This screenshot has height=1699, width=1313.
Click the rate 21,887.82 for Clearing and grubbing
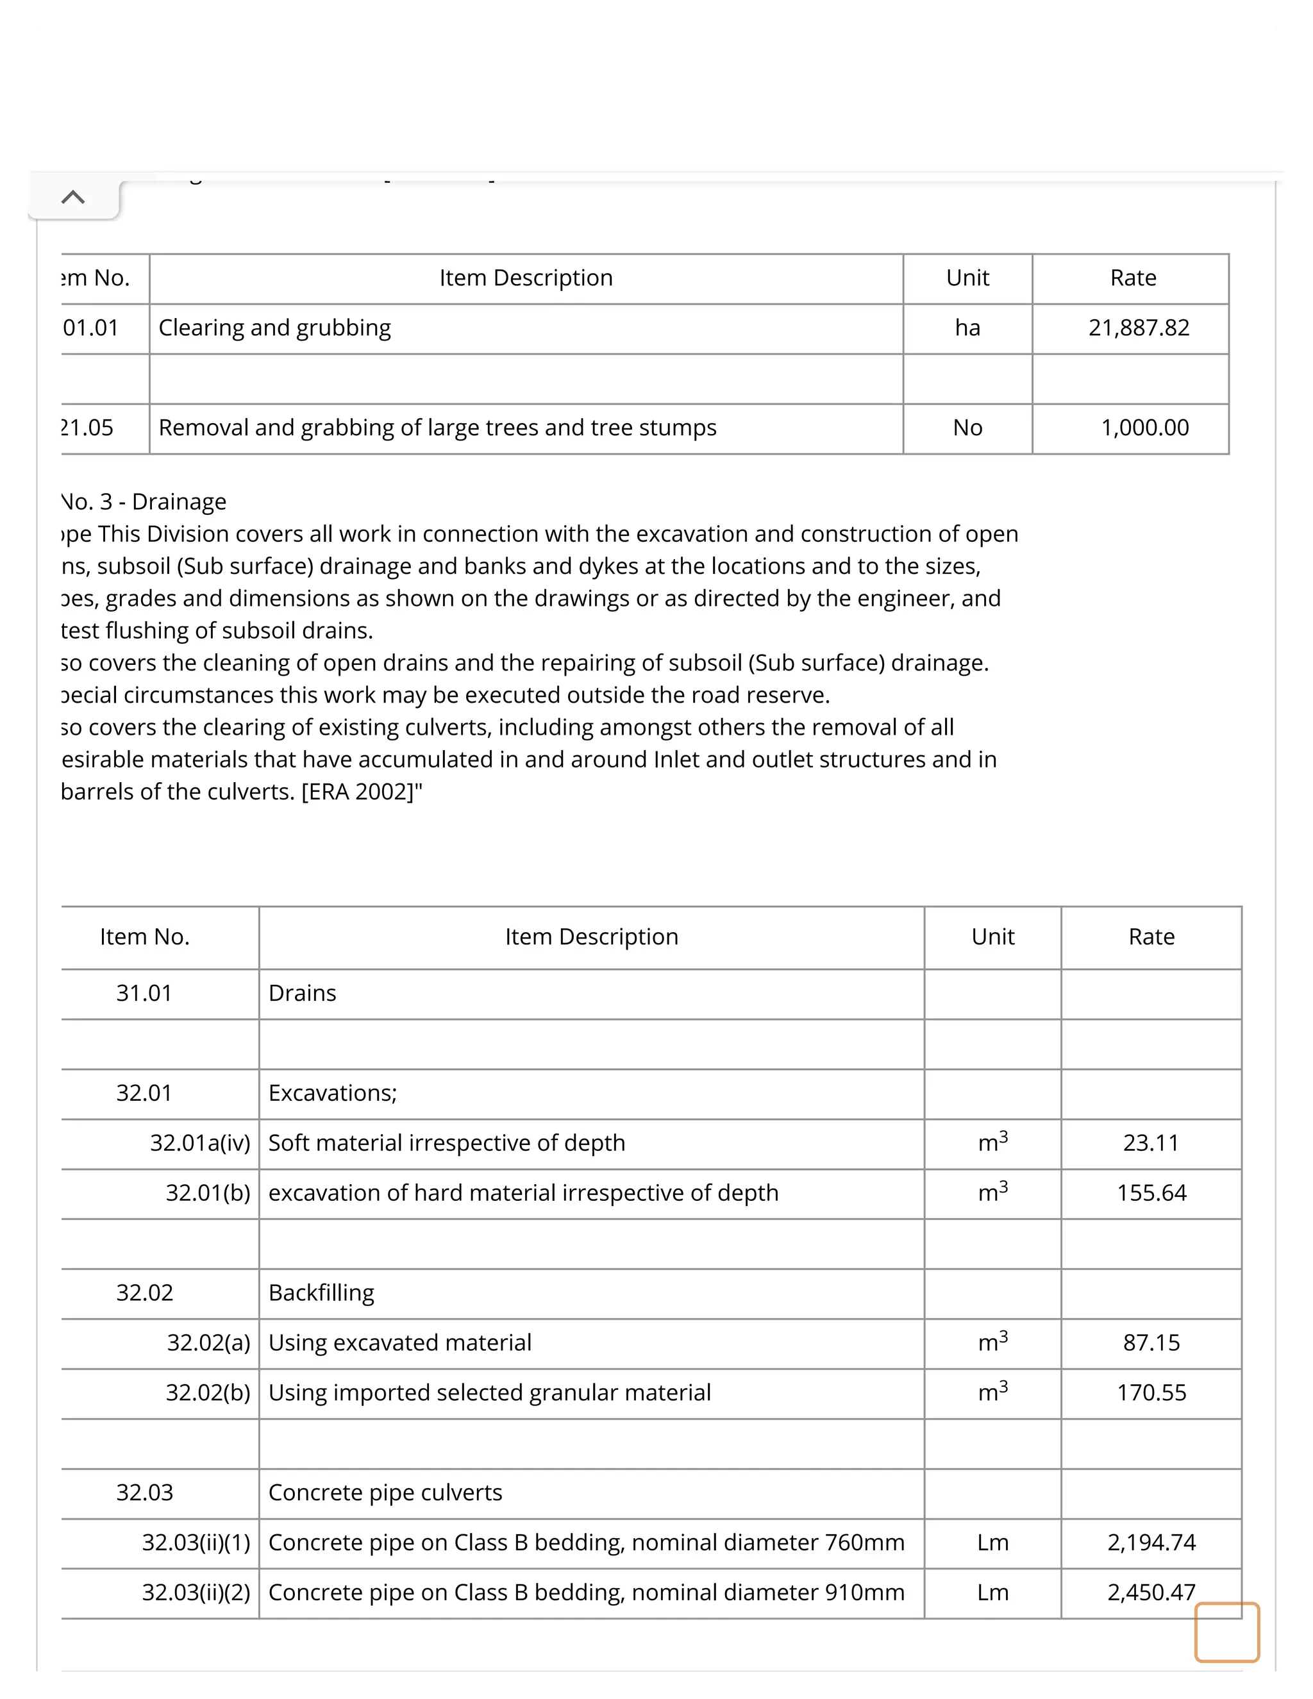[1138, 328]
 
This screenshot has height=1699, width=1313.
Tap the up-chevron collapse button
[73, 197]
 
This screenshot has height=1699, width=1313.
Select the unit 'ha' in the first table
[967, 328]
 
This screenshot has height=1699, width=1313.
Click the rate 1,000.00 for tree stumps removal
[1144, 427]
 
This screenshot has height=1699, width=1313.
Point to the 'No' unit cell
[967, 427]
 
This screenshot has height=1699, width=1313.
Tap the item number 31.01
[144, 992]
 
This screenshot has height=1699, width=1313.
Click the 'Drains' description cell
[303, 992]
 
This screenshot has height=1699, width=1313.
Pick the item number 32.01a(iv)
[200, 1142]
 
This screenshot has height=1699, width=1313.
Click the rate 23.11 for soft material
[1150, 1142]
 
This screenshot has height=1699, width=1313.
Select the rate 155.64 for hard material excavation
[1151, 1193]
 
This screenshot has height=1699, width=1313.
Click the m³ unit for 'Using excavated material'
[992, 1342]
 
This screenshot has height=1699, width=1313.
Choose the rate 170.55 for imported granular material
[1151, 1392]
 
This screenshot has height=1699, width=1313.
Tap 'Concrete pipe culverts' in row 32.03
[385, 1492]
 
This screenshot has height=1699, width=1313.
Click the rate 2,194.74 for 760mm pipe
[1151, 1542]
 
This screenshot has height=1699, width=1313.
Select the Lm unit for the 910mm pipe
[992, 1592]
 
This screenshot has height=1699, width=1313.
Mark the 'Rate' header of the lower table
[1151, 937]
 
